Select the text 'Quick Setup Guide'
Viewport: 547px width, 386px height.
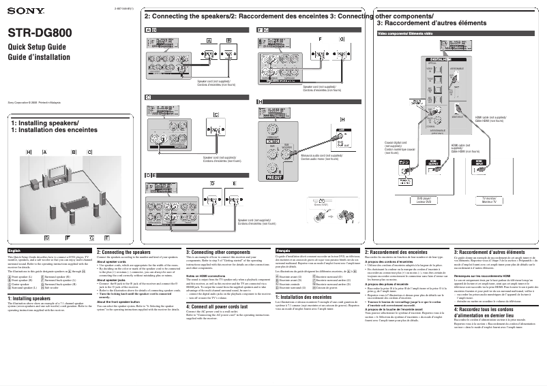[x=36, y=47]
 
